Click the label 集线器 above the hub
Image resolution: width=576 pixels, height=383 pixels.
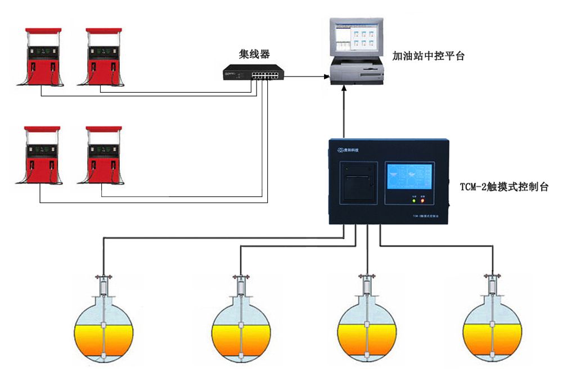[254, 54]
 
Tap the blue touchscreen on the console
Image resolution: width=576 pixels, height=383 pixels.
[409, 179]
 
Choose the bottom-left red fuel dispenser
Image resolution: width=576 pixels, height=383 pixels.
[43, 155]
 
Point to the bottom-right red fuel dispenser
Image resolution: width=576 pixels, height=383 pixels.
[103, 155]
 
